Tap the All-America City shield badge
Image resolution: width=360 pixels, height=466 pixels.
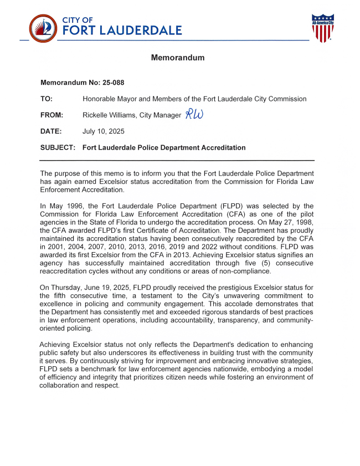[x=322, y=28]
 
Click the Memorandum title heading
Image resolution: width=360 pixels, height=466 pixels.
[x=178, y=58]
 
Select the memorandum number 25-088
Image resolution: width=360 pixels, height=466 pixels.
[x=113, y=83]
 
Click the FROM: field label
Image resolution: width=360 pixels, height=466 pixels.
[x=52, y=115]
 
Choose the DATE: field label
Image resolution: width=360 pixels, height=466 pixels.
[x=51, y=131]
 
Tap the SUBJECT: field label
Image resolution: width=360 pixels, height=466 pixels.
[x=58, y=148]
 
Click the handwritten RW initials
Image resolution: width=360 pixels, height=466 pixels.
[x=194, y=114]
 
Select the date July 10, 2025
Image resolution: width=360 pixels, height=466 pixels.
[x=104, y=131]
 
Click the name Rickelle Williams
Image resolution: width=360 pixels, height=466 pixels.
[x=109, y=115]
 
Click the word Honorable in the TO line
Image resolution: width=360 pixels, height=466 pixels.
[x=101, y=99]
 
